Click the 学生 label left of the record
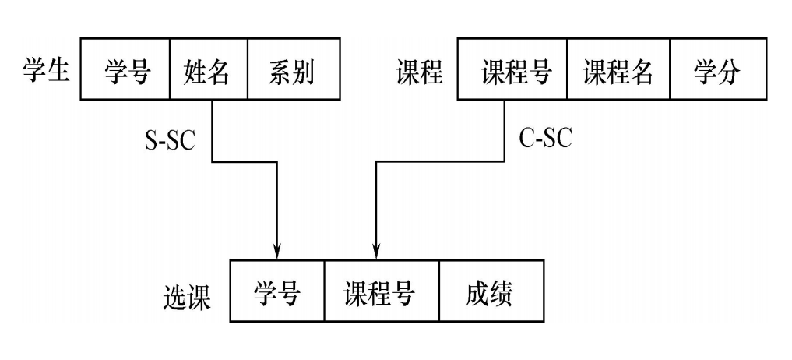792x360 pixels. (x=44, y=72)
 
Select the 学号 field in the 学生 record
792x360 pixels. (x=125, y=73)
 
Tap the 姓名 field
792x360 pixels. (x=208, y=73)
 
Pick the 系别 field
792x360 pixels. (x=292, y=73)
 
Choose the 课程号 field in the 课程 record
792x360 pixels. (x=512, y=73)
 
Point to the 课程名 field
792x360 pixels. (x=618, y=73)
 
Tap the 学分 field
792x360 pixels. (x=716, y=73)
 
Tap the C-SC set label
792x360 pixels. (x=545, y=138)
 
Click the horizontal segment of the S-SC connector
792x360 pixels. (x=245, y=162)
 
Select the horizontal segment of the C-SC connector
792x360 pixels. (x=438, y=162)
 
